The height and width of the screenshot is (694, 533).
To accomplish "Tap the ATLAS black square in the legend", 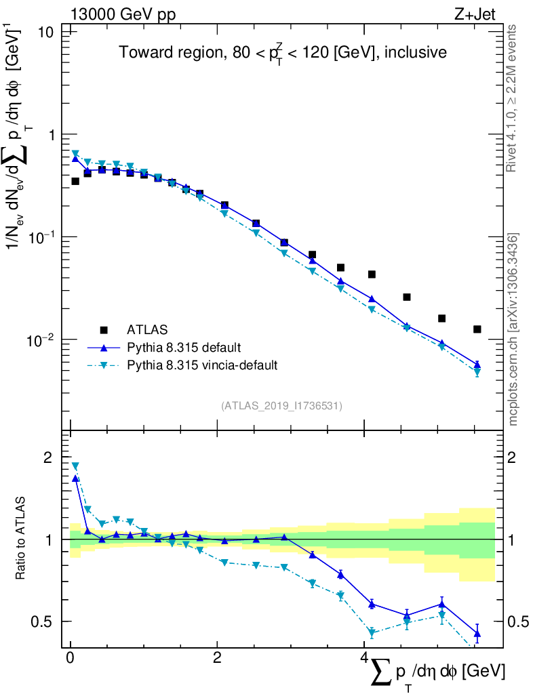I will (104, 330).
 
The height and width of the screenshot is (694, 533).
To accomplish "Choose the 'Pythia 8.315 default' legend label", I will (184, 348).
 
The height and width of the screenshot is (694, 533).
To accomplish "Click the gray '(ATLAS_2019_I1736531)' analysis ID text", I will (281, 406).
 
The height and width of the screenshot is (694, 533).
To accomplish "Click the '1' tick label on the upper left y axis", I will (52, 135).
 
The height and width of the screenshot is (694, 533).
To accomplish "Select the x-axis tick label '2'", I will (216, 658).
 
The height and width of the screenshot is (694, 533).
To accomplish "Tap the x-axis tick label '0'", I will (70, 658).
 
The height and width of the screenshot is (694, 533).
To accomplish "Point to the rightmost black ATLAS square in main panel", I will (477, 329).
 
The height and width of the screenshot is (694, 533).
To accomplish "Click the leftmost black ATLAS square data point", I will (75, 181).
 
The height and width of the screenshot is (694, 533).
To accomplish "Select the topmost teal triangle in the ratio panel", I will (75, 466).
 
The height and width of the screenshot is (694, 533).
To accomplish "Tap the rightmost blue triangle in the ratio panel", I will (477, 634).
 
